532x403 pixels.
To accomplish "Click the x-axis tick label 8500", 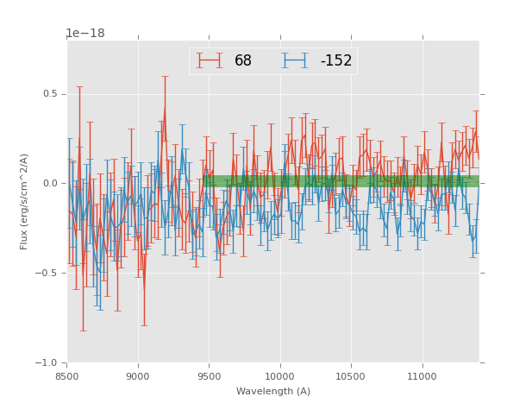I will (67, 375).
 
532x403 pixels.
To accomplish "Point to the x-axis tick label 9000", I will (138, 375).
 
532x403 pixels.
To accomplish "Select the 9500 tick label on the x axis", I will (209, 375).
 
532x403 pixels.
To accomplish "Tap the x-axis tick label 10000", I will (279, 375).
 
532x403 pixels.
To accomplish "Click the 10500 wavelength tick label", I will (351, 375).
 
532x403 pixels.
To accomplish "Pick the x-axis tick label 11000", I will (422, 375).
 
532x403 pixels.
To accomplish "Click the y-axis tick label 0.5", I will (51, 94).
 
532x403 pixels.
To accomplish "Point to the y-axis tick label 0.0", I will (51, 183).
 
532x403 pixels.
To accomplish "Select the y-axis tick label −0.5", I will (48, 273).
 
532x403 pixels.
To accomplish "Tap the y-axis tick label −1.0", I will (48, 362).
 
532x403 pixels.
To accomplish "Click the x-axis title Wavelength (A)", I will (273, 391).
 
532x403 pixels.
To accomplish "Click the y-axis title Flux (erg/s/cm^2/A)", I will (24, 201).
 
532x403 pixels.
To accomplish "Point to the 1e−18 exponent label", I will (85, 34).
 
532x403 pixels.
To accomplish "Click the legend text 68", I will (243, 60).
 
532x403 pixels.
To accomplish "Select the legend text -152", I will (335, 60).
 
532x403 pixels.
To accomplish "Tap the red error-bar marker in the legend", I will (209, 60).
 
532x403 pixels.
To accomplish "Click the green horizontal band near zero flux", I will (345, 181).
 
